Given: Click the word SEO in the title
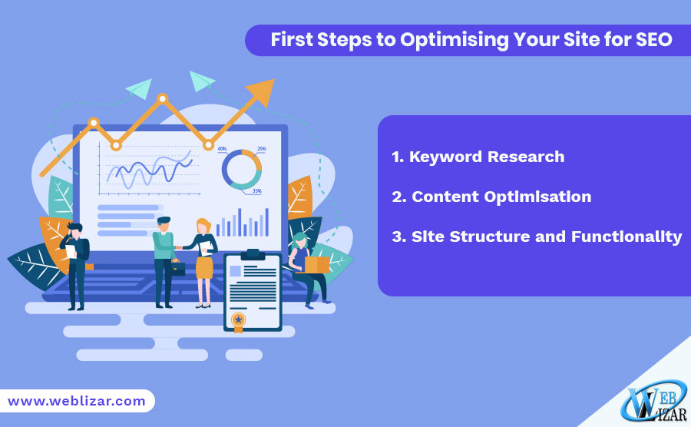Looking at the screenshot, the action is [x=653, y=40].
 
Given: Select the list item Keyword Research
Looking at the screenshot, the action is [x=478, y=157].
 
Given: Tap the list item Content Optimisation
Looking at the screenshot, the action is [x=491, y=197].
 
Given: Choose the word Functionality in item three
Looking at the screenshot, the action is [x=627, y=237].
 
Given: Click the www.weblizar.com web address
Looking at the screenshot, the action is [x=77, y=401].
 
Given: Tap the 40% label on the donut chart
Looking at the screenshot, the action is [x=222, y=149].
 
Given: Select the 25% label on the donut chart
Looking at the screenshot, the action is [x=261, y=149].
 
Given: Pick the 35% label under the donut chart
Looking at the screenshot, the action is [x=257, y=190].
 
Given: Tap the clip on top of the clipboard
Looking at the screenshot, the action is [x=253, y=255].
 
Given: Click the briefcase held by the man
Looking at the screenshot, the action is [x=177, y=268].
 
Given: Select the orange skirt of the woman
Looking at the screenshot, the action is [x=204, y=267].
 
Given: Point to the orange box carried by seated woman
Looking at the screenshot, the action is [x=316, y=265].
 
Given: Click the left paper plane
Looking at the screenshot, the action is [x=140, y=88].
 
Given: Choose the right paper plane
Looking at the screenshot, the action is [x=201, y=81].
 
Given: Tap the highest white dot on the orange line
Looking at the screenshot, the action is [x=163, y=98].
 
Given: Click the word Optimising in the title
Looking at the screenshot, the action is [x=455, y=40].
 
